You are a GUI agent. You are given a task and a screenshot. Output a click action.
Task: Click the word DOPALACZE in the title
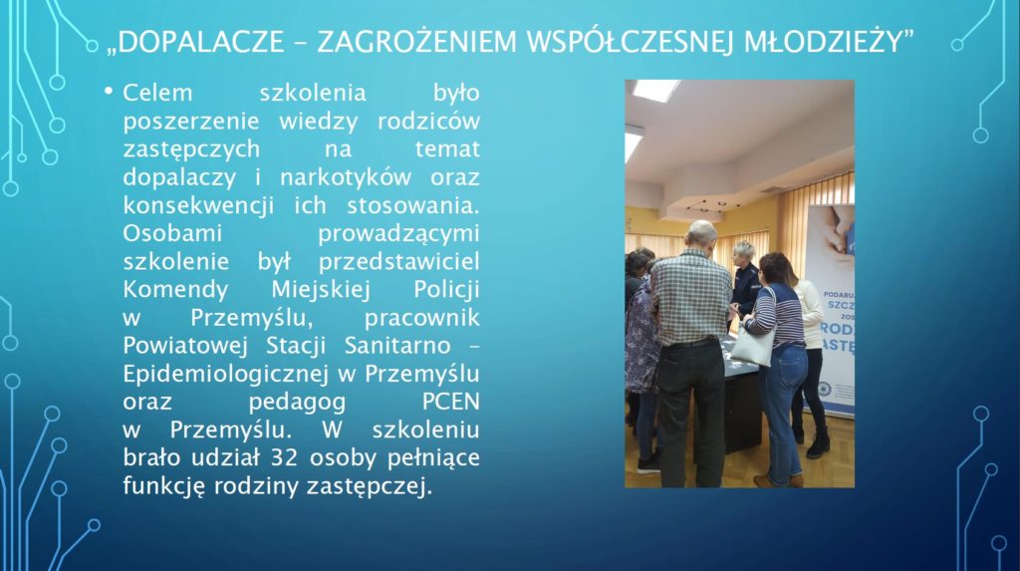[x=201, y=42]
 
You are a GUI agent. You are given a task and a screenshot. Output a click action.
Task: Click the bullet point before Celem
[x=109, y=91]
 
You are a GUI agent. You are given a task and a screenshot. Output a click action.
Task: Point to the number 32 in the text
[x=284, y=457]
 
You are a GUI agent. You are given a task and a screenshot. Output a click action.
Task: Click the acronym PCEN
[x=451, y=402]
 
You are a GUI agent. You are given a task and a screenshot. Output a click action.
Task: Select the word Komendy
[x=175, y=290]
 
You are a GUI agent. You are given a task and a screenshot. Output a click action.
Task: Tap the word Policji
[x=447, y=290]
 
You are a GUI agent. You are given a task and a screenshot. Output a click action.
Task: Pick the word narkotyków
[x=346, y=177]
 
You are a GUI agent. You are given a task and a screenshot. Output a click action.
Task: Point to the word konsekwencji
[x=198, y=206]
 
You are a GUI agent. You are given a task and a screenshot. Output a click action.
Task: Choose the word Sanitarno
[x=397, y=346]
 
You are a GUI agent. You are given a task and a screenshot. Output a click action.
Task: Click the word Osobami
[x=172, y=234]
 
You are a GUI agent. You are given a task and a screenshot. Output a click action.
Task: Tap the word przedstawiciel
[x=398, y=262]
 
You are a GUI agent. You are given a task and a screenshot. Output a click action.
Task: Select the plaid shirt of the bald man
[x=691, y=297]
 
